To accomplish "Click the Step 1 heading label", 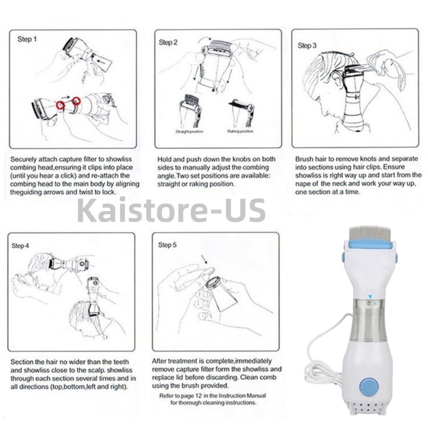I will point(27,39).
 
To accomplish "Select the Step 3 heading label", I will point(307,45).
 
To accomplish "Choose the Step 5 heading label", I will point(167,245).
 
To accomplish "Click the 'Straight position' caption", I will point(189,131).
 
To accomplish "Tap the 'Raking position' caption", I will point(241,131).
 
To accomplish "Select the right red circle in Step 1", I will point(77,101).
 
